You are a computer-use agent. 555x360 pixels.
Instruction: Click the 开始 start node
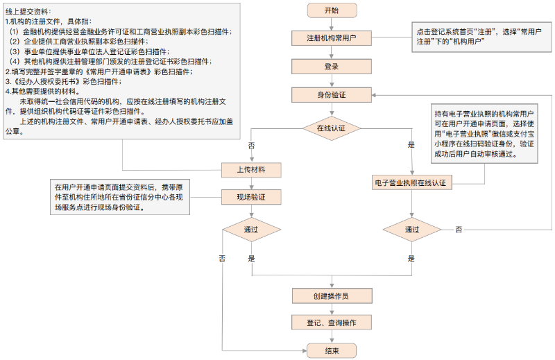tap(332, 10)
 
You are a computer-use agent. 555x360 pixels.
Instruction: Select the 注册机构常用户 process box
tap(332, 37)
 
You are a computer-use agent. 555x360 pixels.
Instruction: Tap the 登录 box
tap(332, 67)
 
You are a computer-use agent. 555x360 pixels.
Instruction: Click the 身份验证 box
tap(332, 95)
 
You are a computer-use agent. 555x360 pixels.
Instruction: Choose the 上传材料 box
tap(250, 169)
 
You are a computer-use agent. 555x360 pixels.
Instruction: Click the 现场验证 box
tap(250, 198)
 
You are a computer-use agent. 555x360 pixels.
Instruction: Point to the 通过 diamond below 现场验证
tap(250, 230)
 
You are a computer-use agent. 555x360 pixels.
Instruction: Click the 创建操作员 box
tap(332, 296)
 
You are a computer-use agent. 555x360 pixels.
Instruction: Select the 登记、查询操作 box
tap(332, 323)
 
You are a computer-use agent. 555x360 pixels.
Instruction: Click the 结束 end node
tap(332, 351)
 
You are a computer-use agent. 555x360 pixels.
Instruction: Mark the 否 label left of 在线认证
tap(250, 146)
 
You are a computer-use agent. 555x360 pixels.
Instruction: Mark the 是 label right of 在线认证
tap(411, 145)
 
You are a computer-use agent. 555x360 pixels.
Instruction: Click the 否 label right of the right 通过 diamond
tap(459, 229)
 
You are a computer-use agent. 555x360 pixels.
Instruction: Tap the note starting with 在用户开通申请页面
tap(119, 197)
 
